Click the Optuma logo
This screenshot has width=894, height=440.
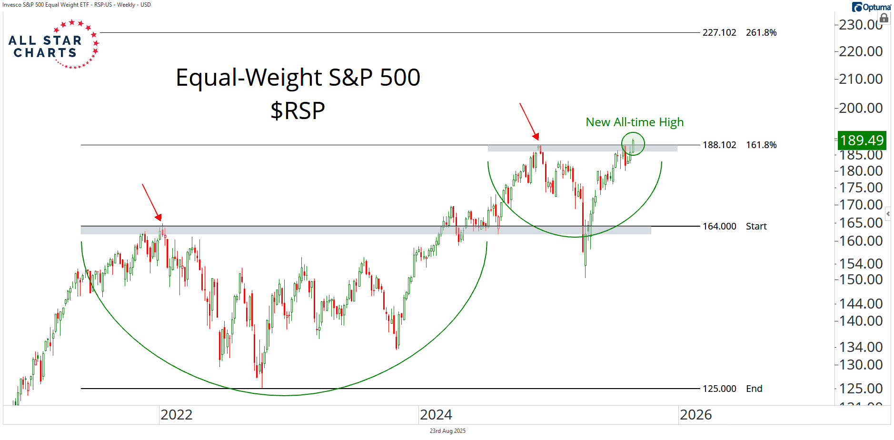tap(871, 7)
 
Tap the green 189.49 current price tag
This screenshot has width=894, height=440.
tap(862, 140)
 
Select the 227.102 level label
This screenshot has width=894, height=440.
tap(719, 32)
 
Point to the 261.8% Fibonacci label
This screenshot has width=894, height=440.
tap(761, 32)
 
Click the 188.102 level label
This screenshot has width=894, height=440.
tap(719, 145)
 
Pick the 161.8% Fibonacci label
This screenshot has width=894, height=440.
tap(761, 145)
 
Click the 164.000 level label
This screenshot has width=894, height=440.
tap(719, 226)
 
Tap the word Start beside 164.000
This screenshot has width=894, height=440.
tap(756, 226)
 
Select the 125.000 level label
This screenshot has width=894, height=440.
tap(719, 389)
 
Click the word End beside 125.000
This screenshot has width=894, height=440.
tap(754, 389)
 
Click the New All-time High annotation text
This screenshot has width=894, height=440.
tap(635, 122)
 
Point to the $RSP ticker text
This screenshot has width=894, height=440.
tap(298, 111)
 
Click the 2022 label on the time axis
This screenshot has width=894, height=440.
tap(177, 415)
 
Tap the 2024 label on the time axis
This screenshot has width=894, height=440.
tap(436, 415)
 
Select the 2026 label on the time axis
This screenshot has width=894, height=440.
tap(696, 415)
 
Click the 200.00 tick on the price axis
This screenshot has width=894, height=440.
tap(861, 108)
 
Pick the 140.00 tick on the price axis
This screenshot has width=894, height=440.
tap(861, 321)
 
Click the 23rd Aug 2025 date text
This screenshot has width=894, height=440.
tap(447, 431)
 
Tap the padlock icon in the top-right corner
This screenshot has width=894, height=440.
tap(884, 19)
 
